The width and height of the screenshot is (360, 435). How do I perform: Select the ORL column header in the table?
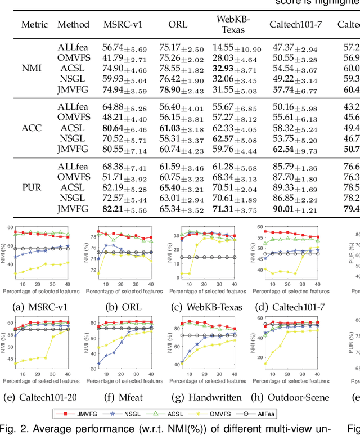178,25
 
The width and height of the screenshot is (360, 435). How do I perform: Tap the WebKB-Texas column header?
233,24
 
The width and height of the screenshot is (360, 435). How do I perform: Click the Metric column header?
34,25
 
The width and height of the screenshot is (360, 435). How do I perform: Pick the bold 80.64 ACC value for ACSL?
114,128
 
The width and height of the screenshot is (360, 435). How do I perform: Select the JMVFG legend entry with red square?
79,397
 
